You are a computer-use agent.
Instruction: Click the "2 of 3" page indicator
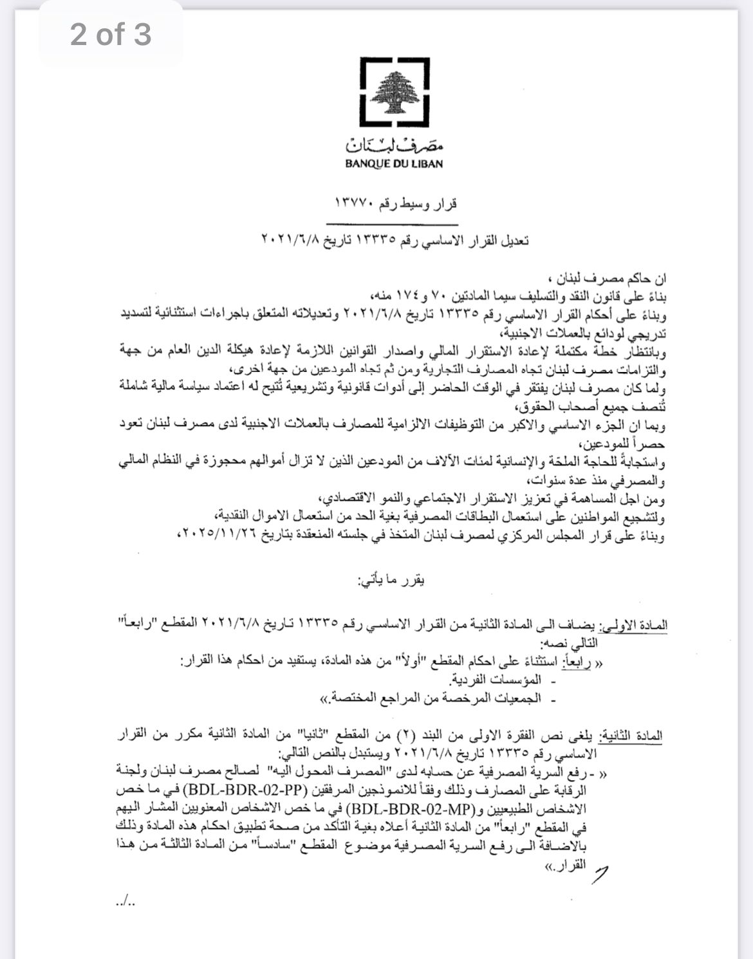point(111,34)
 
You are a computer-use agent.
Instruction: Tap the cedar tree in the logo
point(394,93)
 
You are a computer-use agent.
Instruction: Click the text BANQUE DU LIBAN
point(394,163)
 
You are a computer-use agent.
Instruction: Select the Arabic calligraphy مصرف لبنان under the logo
point(394,144)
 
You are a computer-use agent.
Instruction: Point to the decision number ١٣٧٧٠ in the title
point(353,204)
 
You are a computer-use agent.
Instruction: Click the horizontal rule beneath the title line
point(394,224)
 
